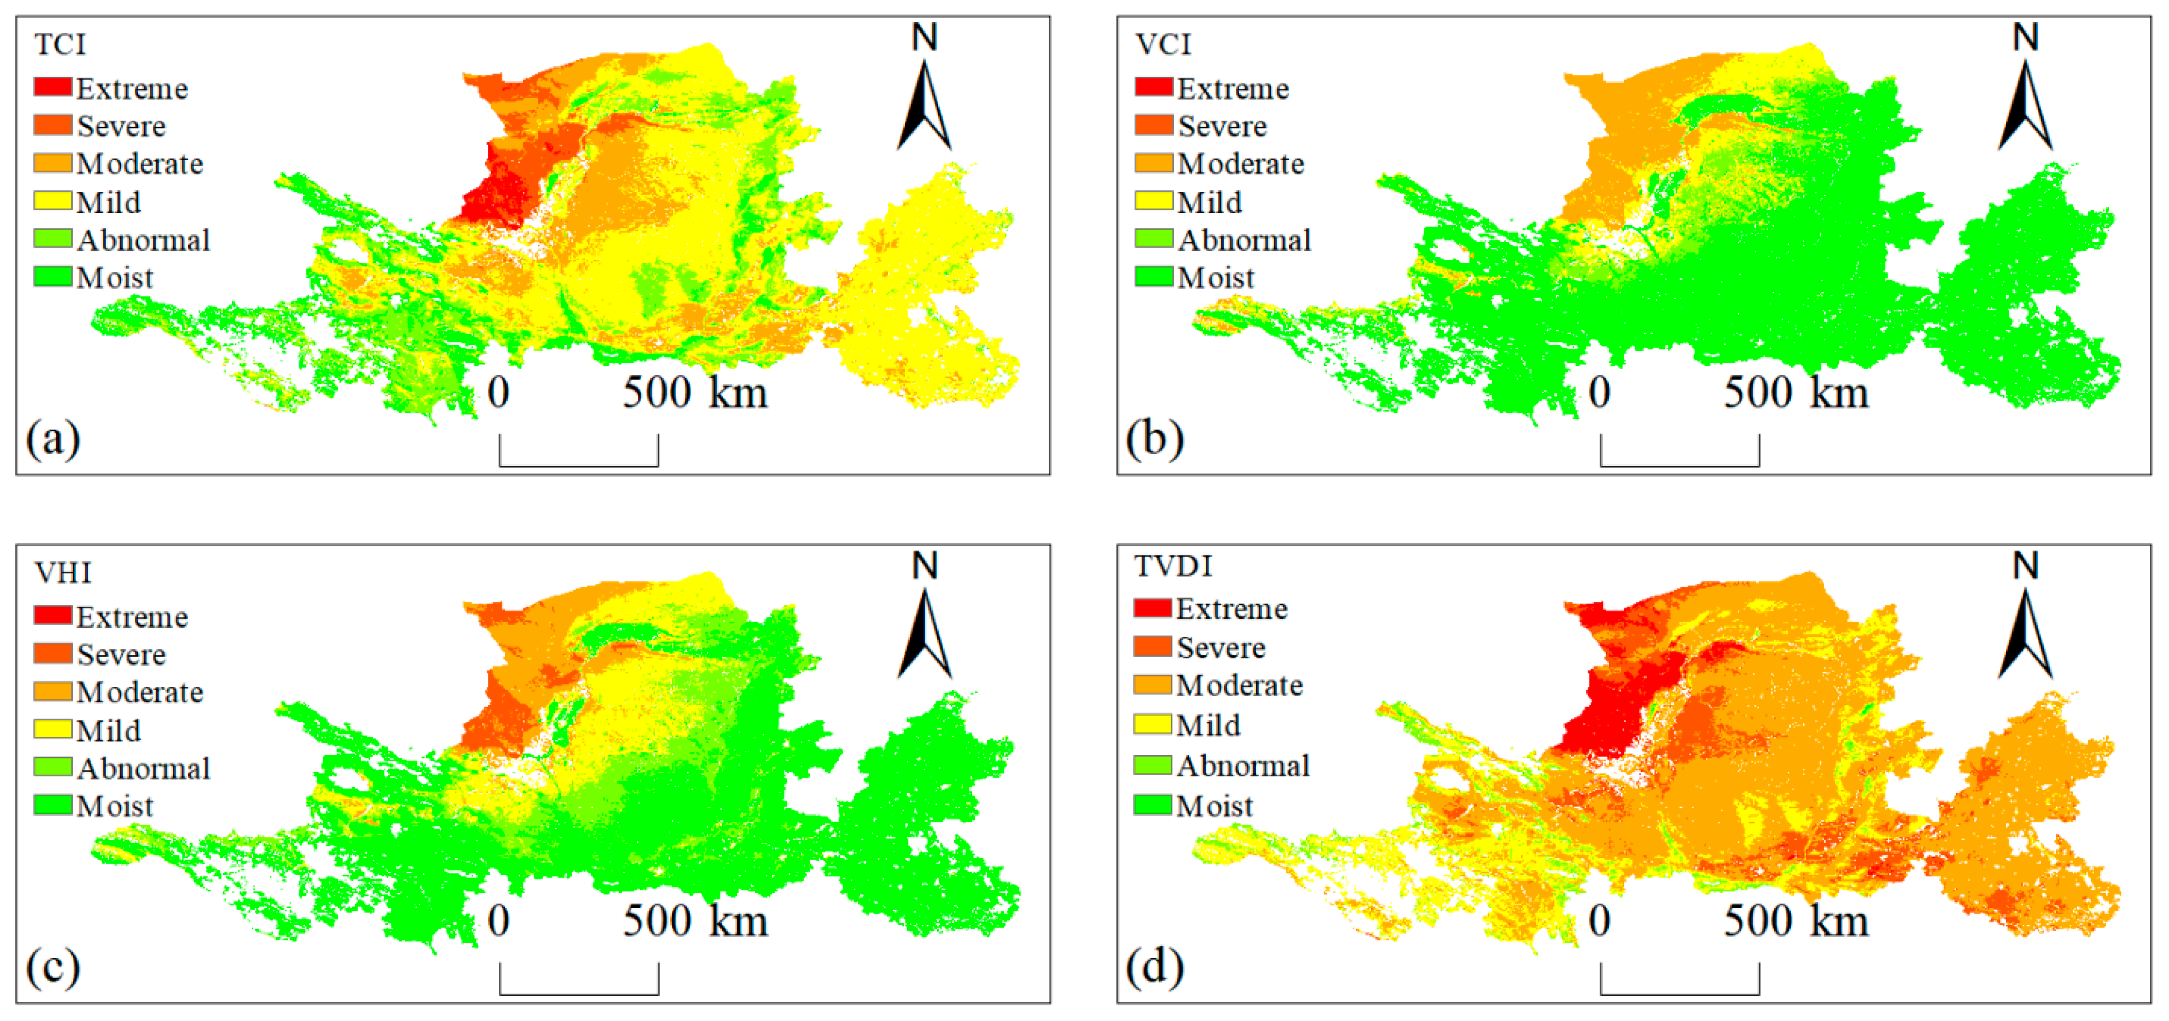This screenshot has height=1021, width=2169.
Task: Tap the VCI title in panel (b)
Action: [1163, 44]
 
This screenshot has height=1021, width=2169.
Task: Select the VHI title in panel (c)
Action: [62, 572]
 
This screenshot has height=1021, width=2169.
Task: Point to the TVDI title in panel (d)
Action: [1173, 566]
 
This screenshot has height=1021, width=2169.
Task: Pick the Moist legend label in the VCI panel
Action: [1215, 277]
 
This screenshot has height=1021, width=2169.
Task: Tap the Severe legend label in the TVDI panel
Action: [1221, 647]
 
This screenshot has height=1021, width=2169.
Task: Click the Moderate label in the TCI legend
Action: [140, 163]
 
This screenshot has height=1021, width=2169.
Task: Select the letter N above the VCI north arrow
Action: [2025, 37]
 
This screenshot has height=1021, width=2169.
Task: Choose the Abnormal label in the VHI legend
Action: [143, 769]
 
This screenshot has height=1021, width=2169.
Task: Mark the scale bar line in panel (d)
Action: [1679, 993]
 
